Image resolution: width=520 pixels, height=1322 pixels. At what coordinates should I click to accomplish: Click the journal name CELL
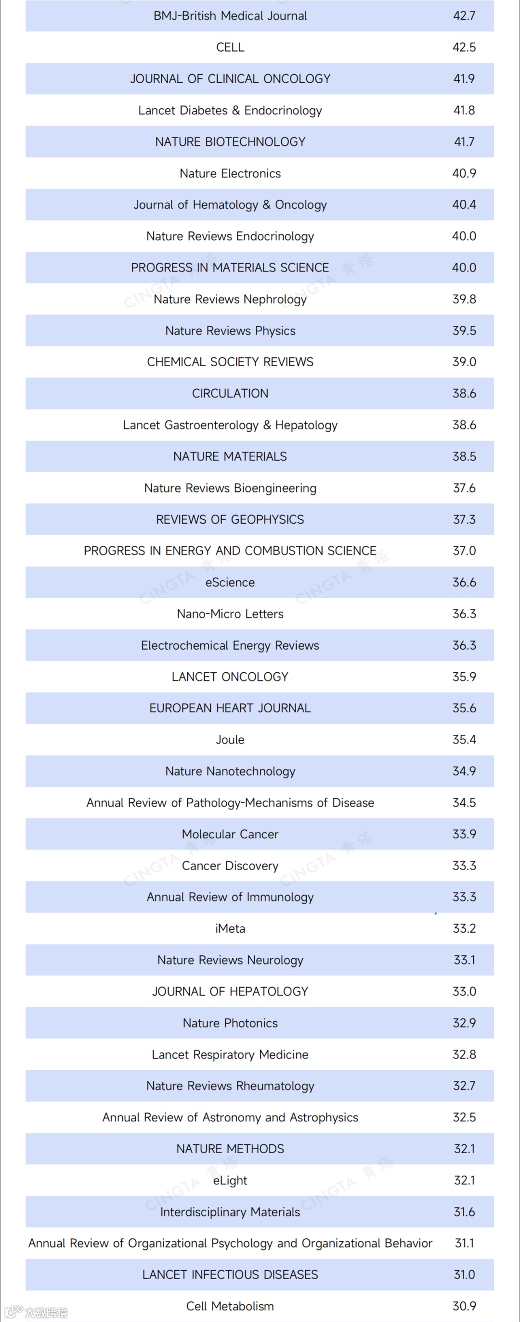click(x=230, y=47)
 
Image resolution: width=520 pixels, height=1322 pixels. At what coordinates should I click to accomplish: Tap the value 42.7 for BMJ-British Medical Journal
click(x=464, y=16)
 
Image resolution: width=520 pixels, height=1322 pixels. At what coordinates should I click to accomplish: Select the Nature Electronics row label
click(x=230, y=173)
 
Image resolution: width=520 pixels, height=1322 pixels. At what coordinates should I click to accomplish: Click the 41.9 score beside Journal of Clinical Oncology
click(x=464, y=78)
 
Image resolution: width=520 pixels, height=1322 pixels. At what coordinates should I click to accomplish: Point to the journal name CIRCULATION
click(x=230, y=394)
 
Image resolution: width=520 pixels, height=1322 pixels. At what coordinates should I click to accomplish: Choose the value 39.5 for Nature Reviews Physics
click(x=464, y=331)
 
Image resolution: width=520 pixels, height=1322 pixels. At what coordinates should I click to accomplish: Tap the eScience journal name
click(x=230, y=582)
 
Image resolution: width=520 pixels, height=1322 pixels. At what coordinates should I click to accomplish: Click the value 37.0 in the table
click(x=464, y=551)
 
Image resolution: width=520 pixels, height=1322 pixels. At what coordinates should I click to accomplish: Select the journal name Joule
click(x=230, y=740)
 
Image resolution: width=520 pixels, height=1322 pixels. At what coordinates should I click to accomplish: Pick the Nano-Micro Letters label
click(x=230, y=614)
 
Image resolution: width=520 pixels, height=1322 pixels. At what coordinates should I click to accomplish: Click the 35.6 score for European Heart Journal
click(x=464, y=708)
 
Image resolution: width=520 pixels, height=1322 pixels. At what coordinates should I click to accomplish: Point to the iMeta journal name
click(x=230, y=928)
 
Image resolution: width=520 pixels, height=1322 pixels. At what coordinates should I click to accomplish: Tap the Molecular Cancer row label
click(x=230, y=834)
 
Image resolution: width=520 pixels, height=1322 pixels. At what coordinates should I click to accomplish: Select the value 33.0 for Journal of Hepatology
click(x=464, y=991)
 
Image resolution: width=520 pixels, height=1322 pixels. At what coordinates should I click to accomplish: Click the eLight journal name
click(x=230, y=1181)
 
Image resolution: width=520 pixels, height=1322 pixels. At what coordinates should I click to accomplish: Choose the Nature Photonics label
click(x=230, y=1023)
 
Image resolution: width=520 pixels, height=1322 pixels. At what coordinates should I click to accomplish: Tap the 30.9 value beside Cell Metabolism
click(x=464, y=1306)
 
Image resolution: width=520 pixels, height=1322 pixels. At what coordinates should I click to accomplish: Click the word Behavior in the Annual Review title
click(x=408, y=1243)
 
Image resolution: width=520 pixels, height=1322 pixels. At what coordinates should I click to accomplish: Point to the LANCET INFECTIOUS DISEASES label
click(x=230, y=1275)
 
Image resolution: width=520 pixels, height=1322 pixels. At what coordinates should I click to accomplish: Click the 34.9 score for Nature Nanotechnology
click(x=464, y=771)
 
